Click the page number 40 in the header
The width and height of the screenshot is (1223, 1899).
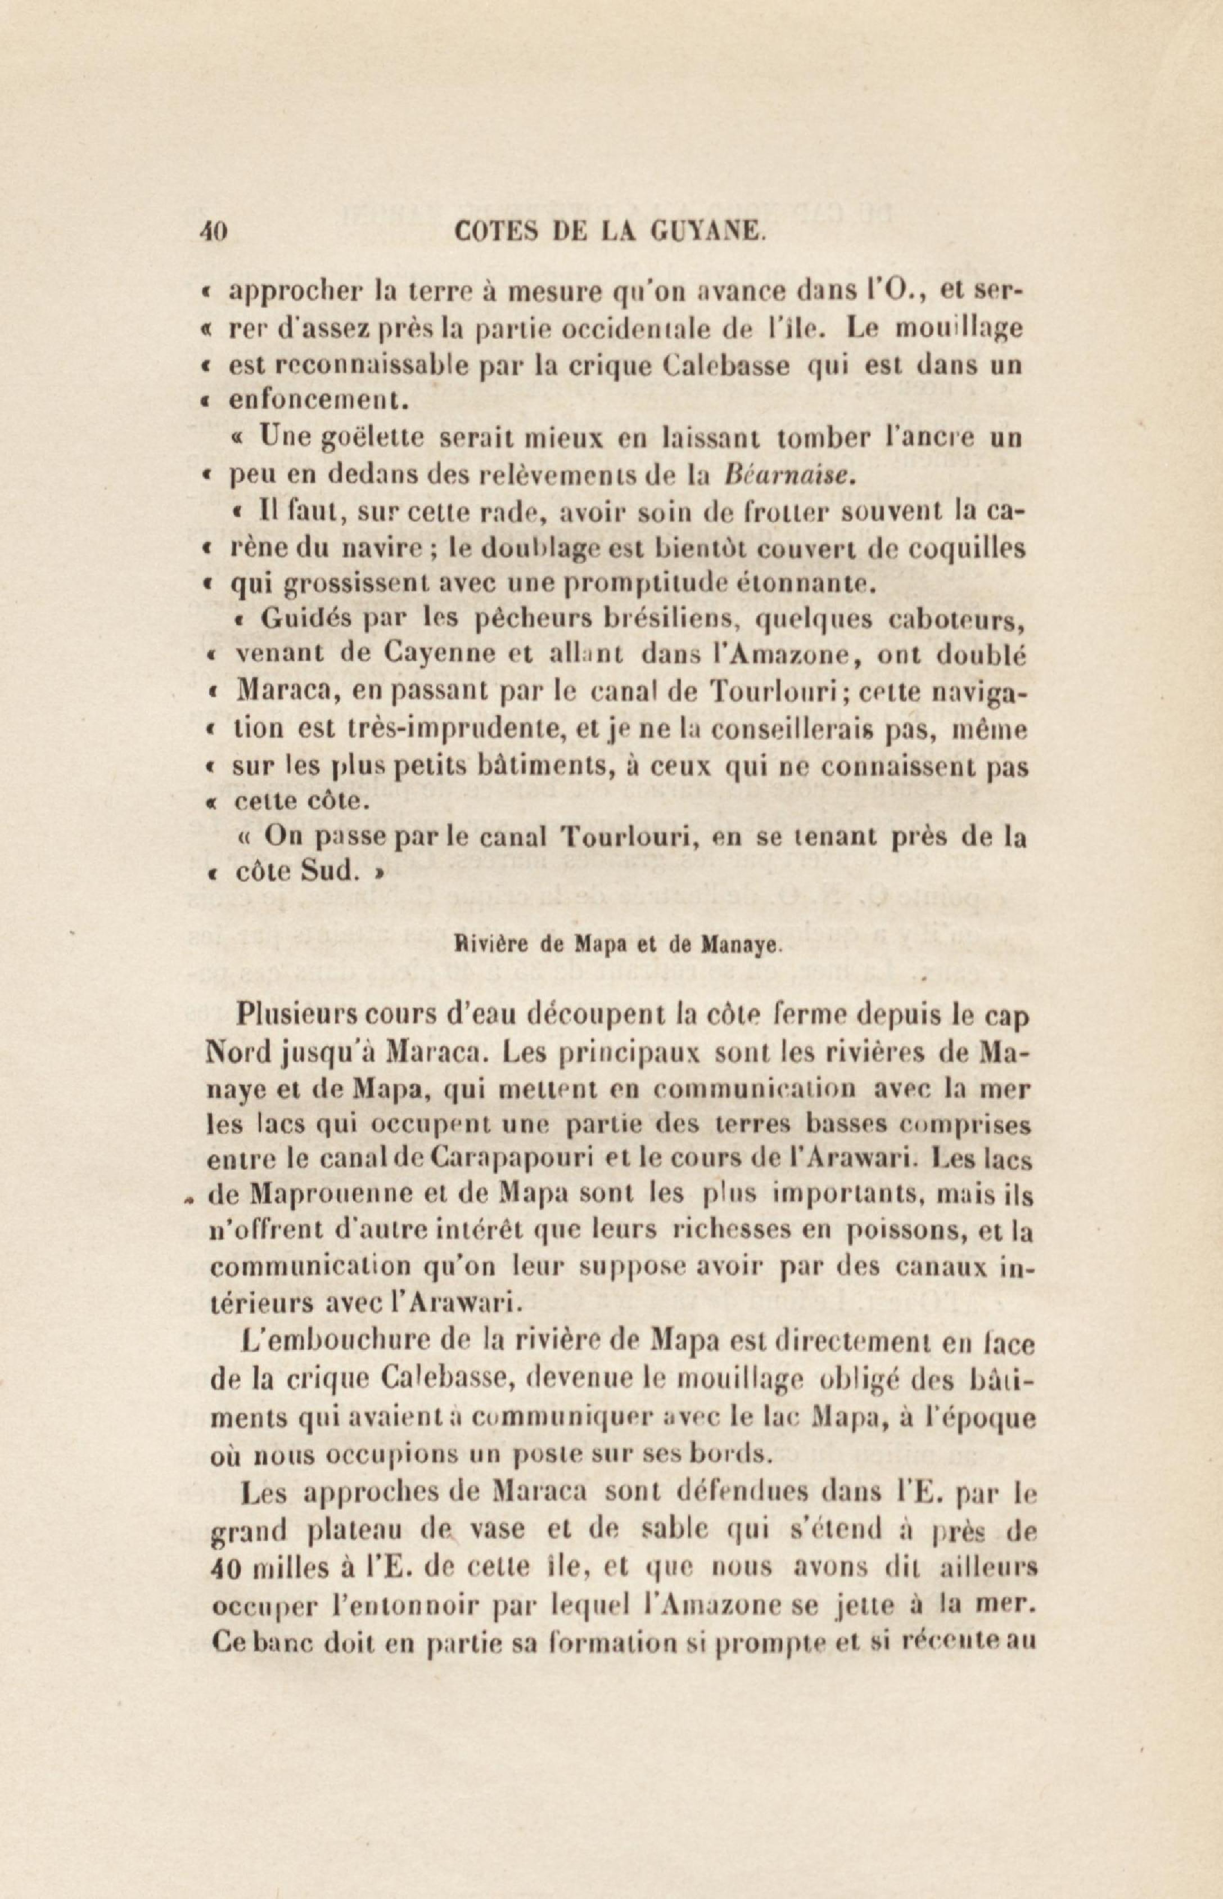click(x=214, y=232)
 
